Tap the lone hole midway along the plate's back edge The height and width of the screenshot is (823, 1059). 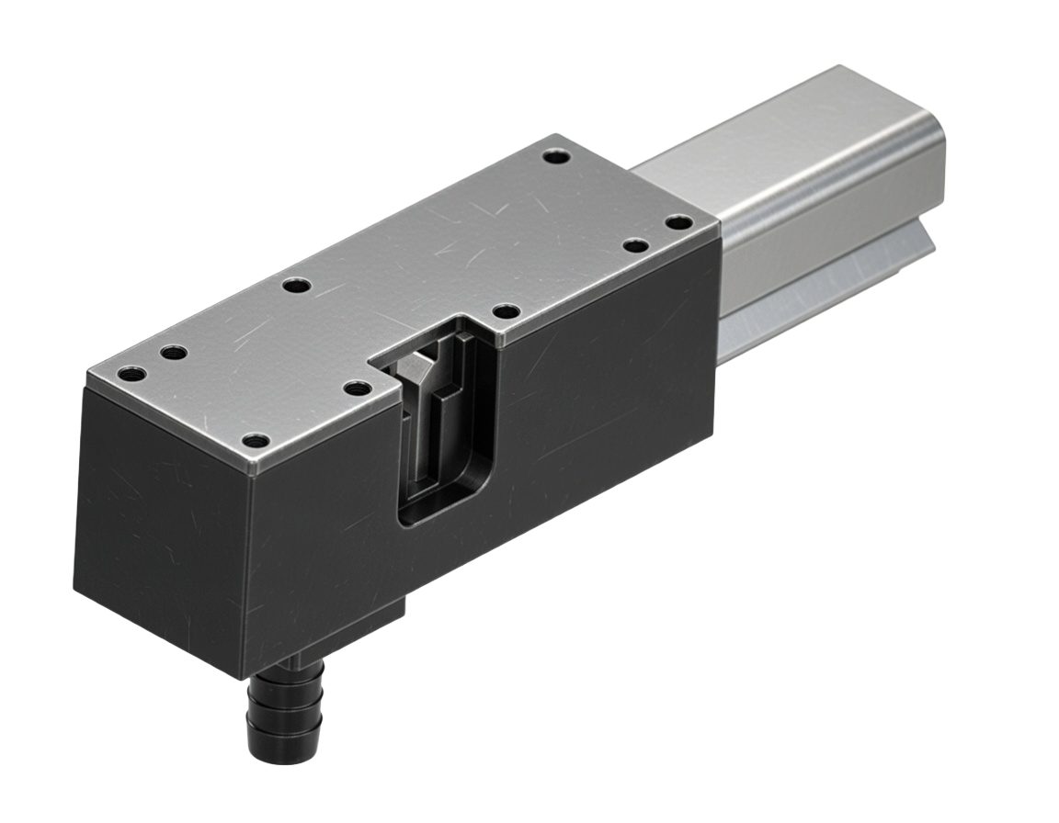pos(295,286)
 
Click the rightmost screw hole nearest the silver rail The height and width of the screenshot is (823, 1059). pos(678,221)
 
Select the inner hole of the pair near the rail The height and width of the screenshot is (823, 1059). pos(633,244)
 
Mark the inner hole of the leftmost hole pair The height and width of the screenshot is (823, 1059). pos(172,353)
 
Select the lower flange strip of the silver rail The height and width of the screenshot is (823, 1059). pos(827,285)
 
